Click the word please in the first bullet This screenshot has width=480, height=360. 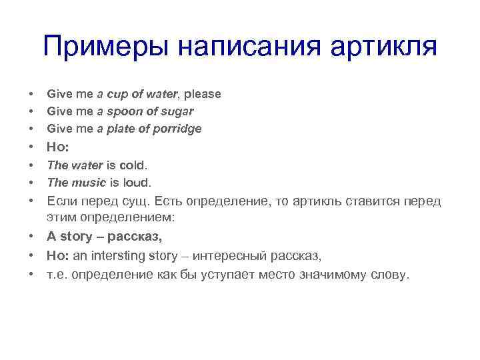pyautogui.click(x=203, y=95)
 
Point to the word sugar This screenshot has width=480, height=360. pyautogui.click(x=178, y=111)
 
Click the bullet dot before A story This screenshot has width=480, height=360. pyautogui.click(x=31, y=237)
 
